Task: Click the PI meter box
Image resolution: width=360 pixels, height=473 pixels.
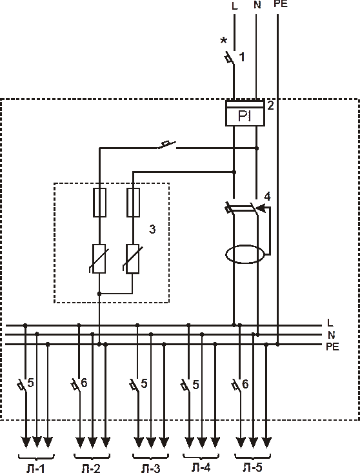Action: point(245,113)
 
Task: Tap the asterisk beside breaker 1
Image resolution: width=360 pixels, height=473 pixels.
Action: point(224,40)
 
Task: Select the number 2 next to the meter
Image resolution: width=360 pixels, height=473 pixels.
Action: point(270,106)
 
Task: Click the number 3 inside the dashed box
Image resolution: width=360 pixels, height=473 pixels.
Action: point(152,229)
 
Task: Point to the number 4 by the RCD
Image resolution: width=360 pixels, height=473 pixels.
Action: point(267,197)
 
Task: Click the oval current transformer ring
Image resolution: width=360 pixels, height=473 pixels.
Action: point(245,254)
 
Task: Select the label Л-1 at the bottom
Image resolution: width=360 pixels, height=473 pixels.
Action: point(35,468)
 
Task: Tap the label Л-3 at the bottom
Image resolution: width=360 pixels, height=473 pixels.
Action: point(151,468)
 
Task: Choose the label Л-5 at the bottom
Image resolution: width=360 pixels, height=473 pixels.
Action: point(252,468)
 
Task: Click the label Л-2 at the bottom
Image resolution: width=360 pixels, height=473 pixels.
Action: point(91,468)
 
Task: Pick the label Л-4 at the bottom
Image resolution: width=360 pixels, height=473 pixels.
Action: point(201,468)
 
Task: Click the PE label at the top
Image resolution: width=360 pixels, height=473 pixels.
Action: point(281,4)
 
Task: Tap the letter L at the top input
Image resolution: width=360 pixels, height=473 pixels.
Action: point(235,6)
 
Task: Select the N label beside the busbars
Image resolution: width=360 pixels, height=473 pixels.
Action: point(332,335)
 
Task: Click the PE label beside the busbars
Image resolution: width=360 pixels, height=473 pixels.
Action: point(332,347)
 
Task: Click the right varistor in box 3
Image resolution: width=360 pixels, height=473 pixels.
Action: point(133,259)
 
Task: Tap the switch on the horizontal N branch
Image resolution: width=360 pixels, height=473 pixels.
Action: point(167,145)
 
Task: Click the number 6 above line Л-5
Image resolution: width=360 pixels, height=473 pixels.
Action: point(245,384)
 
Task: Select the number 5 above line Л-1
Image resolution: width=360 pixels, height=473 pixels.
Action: point(30,383)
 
